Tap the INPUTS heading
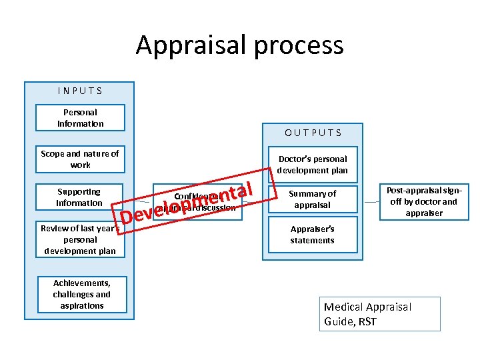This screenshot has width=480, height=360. pos(79,90)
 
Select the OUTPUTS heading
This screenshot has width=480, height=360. pos(313,132)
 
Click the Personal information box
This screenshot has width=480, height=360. pos(80,118)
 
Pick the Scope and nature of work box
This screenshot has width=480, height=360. pos(80,159)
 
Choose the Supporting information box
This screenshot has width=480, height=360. pos(79,197)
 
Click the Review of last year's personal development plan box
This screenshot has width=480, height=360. pos(80,239)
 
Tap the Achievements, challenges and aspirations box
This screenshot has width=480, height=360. pos(81,294)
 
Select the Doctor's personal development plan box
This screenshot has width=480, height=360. pos(312,165)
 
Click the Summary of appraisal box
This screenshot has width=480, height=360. pos(312,199)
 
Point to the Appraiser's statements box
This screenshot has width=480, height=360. pos(312,234)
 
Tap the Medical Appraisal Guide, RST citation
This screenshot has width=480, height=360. pos(380,314)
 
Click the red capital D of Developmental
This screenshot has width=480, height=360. pos(127,217)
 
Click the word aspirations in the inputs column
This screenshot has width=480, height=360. pos(81,305)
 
